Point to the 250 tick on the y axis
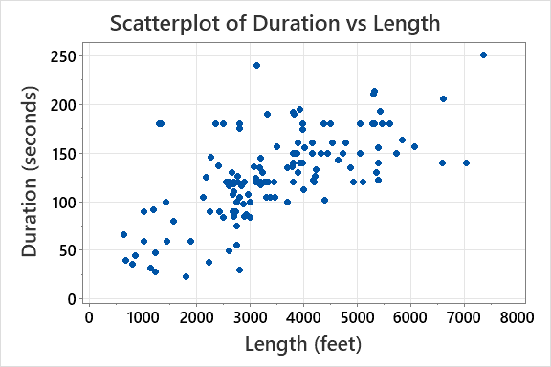click(x=65, y=56)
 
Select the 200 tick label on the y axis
click(x=65, y=105)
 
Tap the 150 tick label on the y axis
click(x=65, y=154)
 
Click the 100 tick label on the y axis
click(x=65, y=203)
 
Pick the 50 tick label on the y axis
click(x=69, y=251)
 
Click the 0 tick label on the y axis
click(x=73, y=299)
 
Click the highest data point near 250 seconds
click(x=483, y=55)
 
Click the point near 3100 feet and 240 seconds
click(x=256, y=66)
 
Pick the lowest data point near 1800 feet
click(x=186, y=277)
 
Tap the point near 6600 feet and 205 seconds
click(x=443, y=98)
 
